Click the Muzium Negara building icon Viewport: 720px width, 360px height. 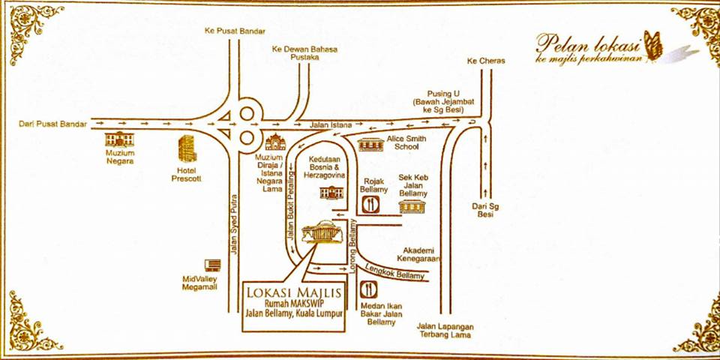pyautogui.click(x=119, y=139)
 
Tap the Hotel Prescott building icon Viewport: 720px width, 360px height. pyautogui.click(x=187, y=148)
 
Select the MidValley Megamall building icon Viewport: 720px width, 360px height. pyautogui.click(x=212, y=265)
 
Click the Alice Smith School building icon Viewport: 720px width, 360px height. pyautogui.click(x=370, y=144)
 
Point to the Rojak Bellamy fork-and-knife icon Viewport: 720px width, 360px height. pyautogui.click(x=370, y=204)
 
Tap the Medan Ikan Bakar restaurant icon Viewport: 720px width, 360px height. pyautogui.click(x=369, y=289)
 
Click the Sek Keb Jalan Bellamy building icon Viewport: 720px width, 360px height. pyautogui.click(x=412, y=207)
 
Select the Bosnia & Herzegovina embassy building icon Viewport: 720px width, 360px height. pyautogui.click(x=331, y=192)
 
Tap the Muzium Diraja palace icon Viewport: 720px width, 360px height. pyautogui.click(x=275, y=142)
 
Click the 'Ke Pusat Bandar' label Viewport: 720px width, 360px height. pyautogui.click(x=235, y=31)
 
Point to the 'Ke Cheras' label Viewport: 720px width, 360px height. pyautogui.click(x=486, y=61)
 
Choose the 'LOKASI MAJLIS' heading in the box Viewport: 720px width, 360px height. pyautogui.click(x=293, y=292)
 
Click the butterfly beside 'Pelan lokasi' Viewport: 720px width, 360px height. pyautogui.click(x=653, y=45)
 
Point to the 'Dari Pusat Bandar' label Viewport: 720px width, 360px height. pyautogui.click(x=52, y=124)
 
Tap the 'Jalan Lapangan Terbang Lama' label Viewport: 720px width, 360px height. pyautogui.click(x=445, y=331)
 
